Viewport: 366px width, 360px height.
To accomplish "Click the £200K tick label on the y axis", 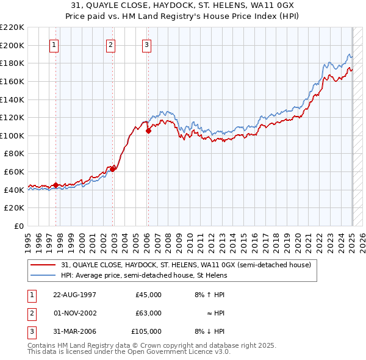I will point(12,45).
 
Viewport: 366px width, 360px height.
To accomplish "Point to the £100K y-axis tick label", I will point(12,135).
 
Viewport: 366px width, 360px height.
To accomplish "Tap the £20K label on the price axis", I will point(14,208).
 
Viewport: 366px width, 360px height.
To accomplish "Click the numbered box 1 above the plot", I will point(54,45).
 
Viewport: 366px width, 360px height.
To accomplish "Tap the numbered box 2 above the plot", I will point(110,45).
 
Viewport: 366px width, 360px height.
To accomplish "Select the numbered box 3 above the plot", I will point(147,45).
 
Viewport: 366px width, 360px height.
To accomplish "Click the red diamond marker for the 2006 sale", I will point(149,131).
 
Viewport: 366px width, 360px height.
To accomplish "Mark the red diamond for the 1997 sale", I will point(56,185).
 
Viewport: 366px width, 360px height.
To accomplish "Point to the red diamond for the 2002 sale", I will point(112,168).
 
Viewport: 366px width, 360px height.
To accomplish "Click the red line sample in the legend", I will point(44,265).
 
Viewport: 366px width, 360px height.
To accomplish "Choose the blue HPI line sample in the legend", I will point(44,275).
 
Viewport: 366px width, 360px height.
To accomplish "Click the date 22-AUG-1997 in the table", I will point(74,295).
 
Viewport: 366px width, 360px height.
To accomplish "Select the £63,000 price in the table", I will point(148,313).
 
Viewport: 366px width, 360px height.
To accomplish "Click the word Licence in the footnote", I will point(200,351).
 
